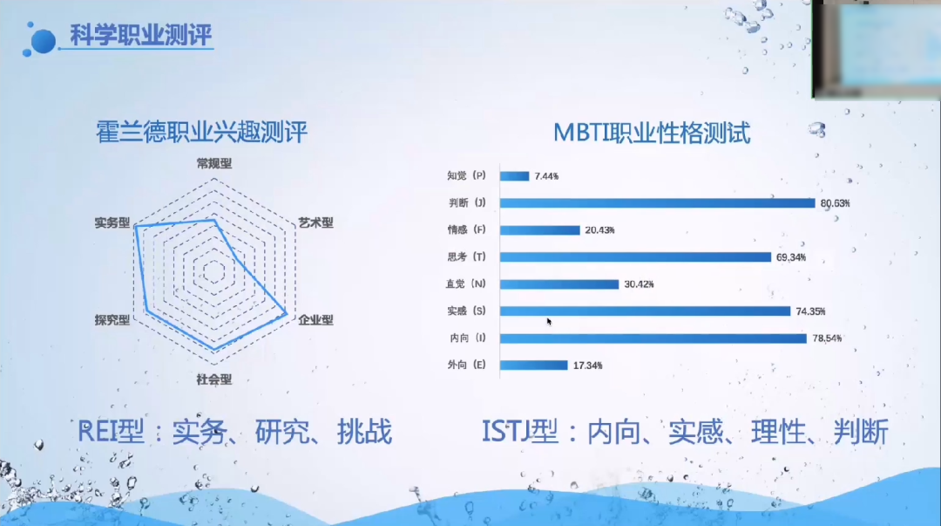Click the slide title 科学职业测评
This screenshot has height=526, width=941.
(140, 38)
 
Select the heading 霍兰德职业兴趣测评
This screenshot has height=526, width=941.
(201, 133)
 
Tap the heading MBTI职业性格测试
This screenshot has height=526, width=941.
(652, 133)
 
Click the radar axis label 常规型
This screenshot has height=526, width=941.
(214, 163)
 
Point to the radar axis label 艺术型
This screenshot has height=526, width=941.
(315, 222)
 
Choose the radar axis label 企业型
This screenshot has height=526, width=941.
(315, 320)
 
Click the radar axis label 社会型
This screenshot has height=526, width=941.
(214, 379)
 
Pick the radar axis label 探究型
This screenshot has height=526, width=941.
(112, 320)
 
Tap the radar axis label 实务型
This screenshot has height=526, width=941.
(112, 222)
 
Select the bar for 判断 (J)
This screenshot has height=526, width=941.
(657, 203)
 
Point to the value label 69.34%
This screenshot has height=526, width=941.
(795, 257)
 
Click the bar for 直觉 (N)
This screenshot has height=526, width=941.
(559, 284)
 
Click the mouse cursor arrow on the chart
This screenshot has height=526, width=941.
(549, 321)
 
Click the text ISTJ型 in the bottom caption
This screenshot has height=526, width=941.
(519, 432)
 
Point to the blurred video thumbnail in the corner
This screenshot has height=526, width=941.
(877, 48)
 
